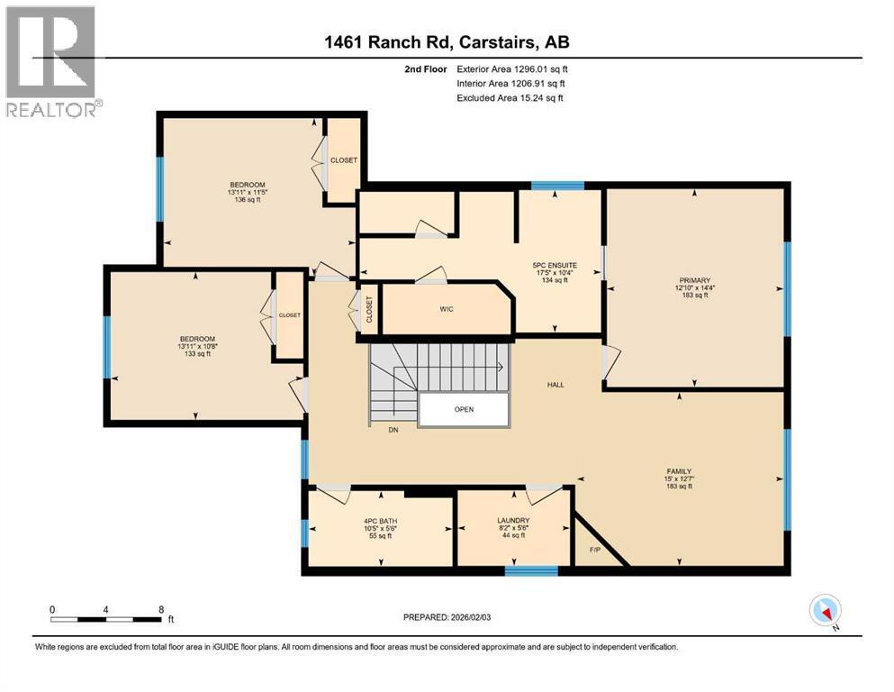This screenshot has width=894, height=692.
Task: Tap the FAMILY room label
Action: [x=679, y=471]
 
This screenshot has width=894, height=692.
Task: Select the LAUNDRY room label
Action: [x=512, y=521]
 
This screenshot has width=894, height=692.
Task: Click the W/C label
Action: [x=447, y=309]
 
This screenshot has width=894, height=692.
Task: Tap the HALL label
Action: [x=555, y=385]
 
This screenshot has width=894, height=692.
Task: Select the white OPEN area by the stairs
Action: [x=464, y=409]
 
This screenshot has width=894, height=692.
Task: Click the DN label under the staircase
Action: [x=393, y=430]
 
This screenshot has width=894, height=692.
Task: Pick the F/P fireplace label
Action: [x=594, y=550]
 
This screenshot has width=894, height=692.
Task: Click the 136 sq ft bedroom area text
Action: [x=246, y=200]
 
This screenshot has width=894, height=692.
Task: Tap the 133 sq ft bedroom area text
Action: [x=196, y=353]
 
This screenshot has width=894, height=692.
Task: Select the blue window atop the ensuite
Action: [x=557, y=187]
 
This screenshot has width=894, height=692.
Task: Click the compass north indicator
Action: [x=825, y=612]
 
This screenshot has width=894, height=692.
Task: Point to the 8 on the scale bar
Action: [x=161, y=609]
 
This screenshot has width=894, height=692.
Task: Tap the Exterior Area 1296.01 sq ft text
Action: [x=513, y=68]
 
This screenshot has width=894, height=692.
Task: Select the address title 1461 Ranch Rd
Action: [x=447, y=41]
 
